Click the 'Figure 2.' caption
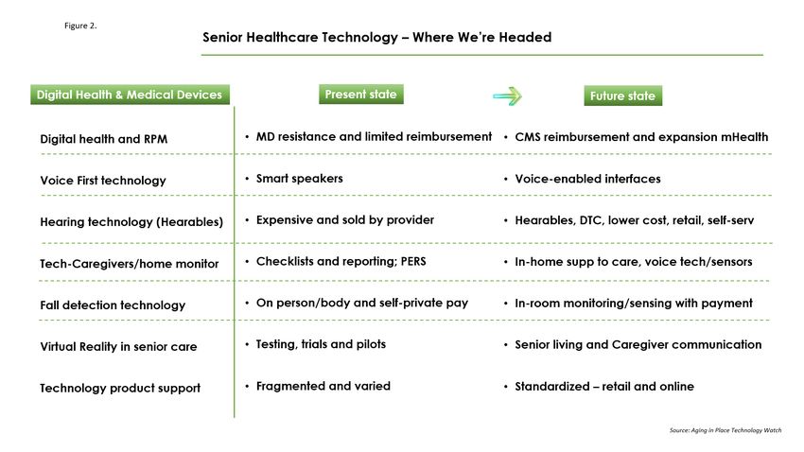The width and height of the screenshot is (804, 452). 80,26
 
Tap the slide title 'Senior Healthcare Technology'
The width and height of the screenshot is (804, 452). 300,38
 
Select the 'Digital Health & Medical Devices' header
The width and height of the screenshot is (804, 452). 130,95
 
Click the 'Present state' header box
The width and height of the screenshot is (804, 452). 361,95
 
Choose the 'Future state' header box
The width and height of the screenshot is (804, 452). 623,96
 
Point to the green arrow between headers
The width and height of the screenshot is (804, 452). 508,96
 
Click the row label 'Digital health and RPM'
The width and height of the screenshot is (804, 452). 104,139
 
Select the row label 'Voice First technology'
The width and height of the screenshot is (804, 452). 103,181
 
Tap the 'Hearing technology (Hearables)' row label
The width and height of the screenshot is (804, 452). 131,222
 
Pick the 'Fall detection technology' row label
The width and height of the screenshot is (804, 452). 113,304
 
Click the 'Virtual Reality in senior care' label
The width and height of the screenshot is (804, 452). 118,346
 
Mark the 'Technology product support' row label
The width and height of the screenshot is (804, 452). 120,388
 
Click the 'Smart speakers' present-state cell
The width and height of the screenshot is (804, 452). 300,179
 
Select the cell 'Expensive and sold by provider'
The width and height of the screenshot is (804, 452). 345,219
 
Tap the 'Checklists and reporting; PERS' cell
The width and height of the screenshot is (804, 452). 341,261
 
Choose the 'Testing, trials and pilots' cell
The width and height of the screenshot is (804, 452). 321,344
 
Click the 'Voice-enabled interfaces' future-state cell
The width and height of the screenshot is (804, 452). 587,179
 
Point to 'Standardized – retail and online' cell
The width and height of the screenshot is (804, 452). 604,387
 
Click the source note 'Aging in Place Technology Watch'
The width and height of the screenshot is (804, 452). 736,430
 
